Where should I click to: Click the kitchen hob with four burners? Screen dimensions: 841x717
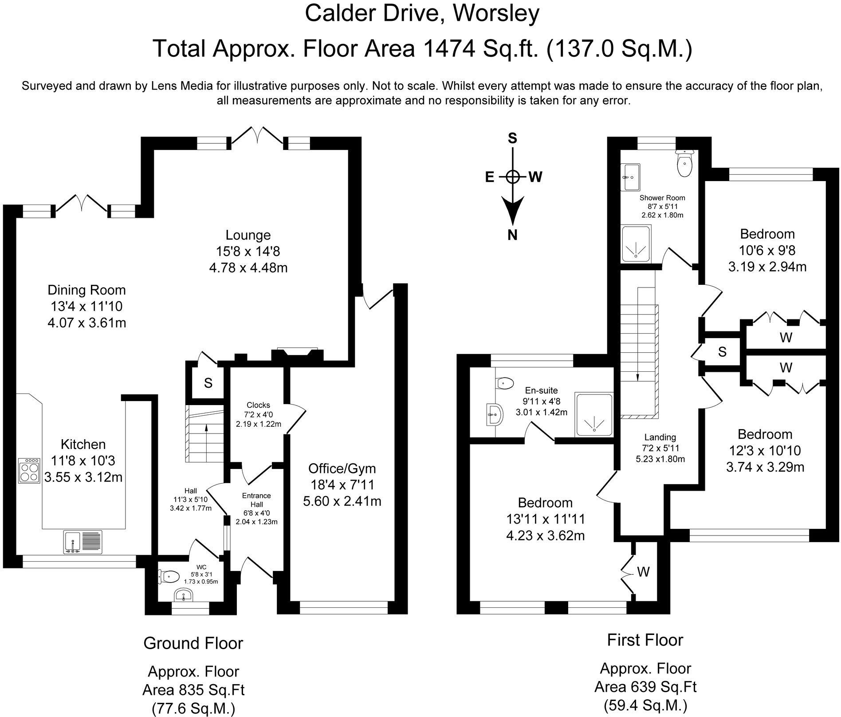pos(29,470)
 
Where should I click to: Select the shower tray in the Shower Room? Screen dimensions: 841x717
pos(636,244)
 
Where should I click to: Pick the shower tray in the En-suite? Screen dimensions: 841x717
pos(593,414)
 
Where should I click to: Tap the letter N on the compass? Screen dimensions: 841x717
pos(512,235)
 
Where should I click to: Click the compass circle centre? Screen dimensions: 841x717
pos(512,177)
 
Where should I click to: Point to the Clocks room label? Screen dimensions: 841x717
pos(258,405)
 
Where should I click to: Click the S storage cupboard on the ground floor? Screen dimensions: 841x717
pos(208,383)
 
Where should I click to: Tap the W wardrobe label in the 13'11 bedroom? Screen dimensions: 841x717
pos(643,572)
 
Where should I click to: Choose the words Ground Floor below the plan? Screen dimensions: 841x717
pos(193,643)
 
